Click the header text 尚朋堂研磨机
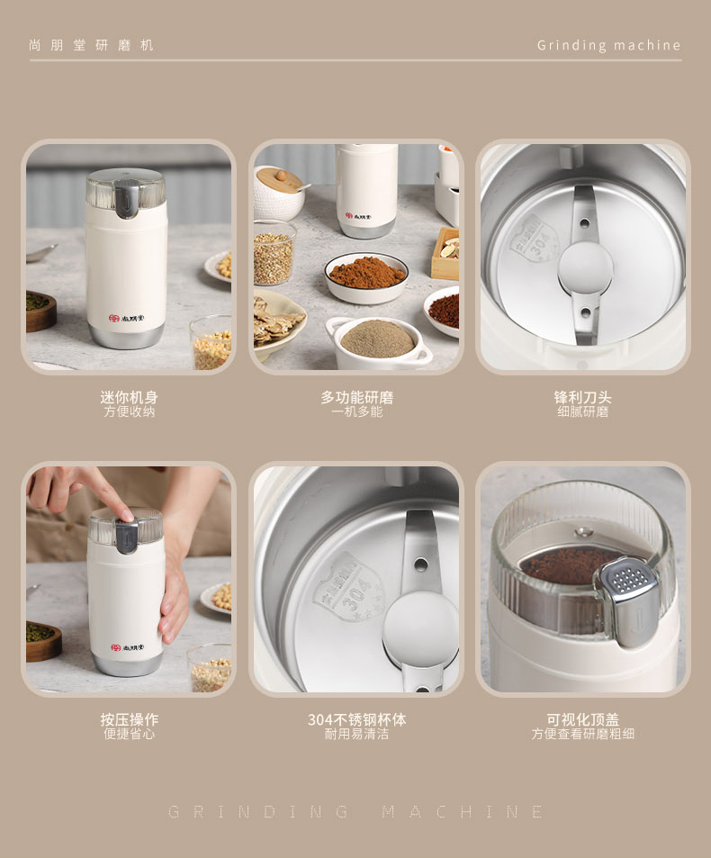[x=91, y=45]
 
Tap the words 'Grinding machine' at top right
[x=608, y=45]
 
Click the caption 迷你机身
[x=129, y=397]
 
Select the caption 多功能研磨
[x=356, y=397]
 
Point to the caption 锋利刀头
[x=582, y=397]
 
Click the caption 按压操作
[x=129, y=719]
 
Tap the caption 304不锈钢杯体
[x=356, y=719]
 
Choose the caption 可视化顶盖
[x=582, y=719]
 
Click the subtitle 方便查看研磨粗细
[x=582, y=734]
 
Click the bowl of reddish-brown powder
[x=366, y=276]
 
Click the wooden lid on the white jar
[x=279, y=179]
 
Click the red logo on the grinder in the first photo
[x=113, y=318]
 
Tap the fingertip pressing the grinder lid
[x=126, y=515]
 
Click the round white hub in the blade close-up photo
[x=585, y=268]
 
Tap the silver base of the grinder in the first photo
[x=126, y=337]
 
